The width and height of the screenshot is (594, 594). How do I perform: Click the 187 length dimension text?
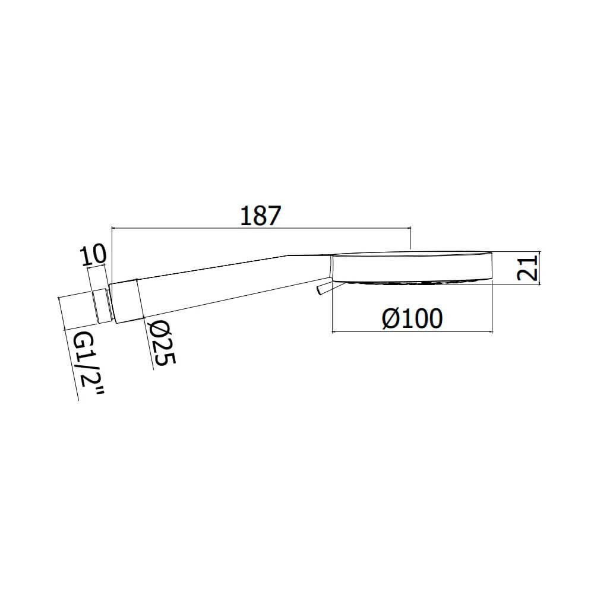261,216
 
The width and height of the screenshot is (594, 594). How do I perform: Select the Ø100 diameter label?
412,318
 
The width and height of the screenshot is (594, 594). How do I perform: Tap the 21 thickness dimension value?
527,268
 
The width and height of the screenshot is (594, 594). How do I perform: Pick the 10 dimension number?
93,255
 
